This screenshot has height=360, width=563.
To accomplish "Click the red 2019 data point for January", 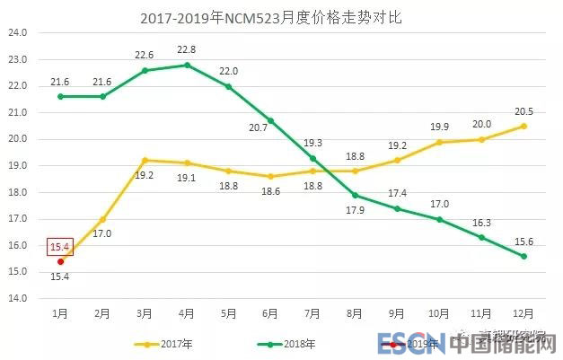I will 60,261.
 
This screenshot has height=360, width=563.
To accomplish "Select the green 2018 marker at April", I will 187,65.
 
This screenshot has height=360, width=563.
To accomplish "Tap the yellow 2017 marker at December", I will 523,126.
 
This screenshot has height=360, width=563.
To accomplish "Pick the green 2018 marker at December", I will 523,256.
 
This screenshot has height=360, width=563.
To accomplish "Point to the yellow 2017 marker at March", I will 145,160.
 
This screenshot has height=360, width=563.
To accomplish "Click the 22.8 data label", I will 187,50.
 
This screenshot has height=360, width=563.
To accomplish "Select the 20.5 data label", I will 523,111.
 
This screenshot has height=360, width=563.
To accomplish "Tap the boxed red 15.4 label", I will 60,246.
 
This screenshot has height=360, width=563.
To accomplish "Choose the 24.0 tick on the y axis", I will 19,33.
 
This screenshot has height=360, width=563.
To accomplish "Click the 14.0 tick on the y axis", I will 19,298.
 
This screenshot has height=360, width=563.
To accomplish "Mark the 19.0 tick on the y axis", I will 19,165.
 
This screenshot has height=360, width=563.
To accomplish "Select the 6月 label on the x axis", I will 271,314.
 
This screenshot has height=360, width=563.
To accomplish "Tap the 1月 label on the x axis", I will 60,314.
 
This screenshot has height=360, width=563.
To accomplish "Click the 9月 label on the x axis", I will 397,314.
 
